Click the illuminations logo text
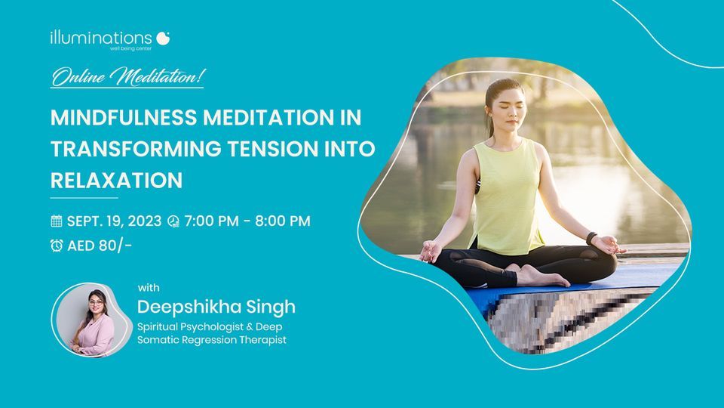point(101,36)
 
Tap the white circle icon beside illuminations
point(164,38)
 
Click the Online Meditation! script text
point(127,76)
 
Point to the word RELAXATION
point(116,181)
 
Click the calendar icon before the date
point(57,221)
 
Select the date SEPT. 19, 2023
point(114,221)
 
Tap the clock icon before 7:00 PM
point(173,221)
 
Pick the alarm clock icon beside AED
point(57,245)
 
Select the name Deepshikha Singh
point(216,307)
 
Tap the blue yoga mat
point(483,297)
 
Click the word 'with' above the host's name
point(149,287)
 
